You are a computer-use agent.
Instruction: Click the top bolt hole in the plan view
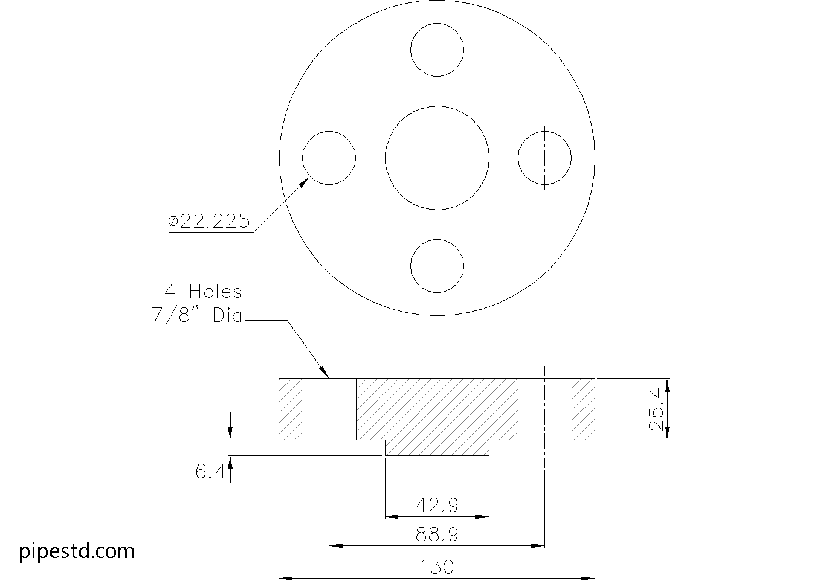[x=437, y=50]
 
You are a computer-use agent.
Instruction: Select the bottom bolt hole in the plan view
[x=437, y=266]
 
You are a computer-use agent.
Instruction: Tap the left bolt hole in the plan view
[x=329, y=158]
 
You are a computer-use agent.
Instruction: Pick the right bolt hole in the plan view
[x=545, y=158]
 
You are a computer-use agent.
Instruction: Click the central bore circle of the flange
[x=437, y=158]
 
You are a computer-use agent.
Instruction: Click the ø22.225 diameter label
[x=209, y=222]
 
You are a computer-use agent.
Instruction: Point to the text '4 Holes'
[x=204, y=292]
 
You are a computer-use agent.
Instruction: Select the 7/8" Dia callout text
[x=197, y=315]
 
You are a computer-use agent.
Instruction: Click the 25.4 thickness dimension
[x=657, y=409]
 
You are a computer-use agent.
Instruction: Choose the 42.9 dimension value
[x=437, y=504]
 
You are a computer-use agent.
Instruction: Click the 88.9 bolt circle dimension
[x=437, y=534]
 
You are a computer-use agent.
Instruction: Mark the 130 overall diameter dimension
[x=437, y=567]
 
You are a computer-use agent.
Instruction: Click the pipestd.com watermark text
[x=77, y=551]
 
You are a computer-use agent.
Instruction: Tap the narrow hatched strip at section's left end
[x=290, y=409]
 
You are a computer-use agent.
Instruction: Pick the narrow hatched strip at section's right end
[x=584, y=409]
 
